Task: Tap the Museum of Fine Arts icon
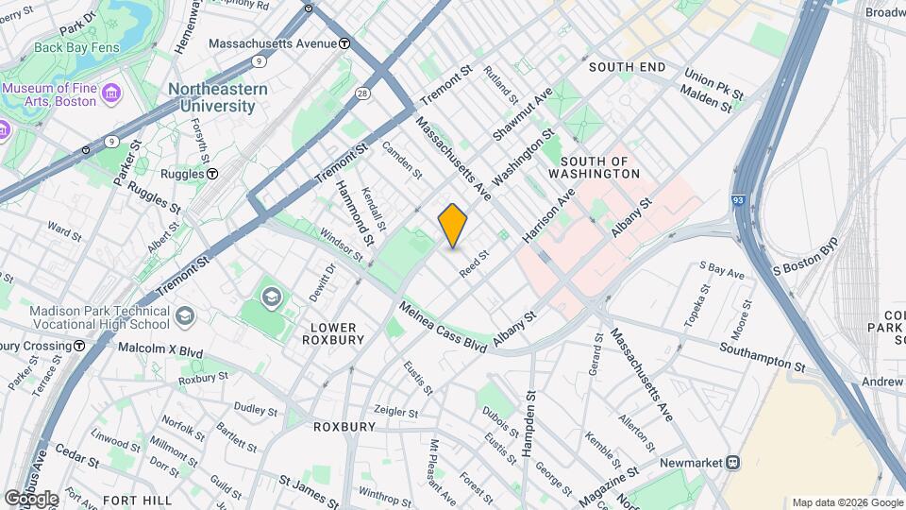pyautogui.click(x=112, y=93)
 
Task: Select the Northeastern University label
pyautogui.click(x=217, y=97)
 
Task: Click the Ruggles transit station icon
pyautogui.click(x=213, y=174)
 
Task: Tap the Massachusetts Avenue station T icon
pyautogui.click(x=345, y=43)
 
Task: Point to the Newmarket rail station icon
pyautogui.click(x=733, y=463)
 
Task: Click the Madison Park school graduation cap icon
pyautogui.click(x=186, y=314)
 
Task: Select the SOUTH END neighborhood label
pyautogui.click(x=627, y=67)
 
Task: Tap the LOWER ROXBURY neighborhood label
pyautogui.click(x=333, y=333)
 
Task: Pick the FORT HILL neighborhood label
pyautogui.click(x=137, y=499)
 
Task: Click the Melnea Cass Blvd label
pyautogui.click(x=442, y=328)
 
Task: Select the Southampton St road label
pyautogui.click(x=762, y=357)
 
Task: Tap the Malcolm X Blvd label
pyautogui.click(x=160, y=348)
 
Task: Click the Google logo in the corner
pyautogui.click(x=30, y=498)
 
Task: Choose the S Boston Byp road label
pyautogui.click(x=804, y=257)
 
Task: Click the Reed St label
pyautogui.click(x=474, y=263)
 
